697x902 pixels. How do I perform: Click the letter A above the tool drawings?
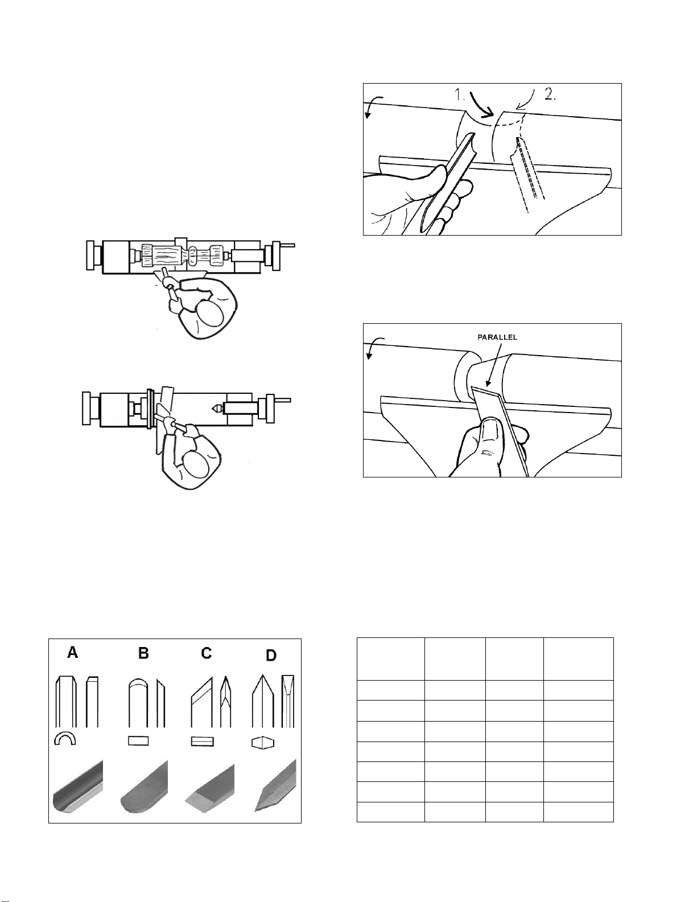tap(73, 653)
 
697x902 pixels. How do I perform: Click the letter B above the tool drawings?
tap(143, 653)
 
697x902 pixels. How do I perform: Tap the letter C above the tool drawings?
tap(206, 653)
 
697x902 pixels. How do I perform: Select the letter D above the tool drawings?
tap(271, 656)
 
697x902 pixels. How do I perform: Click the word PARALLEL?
tap(497, 337)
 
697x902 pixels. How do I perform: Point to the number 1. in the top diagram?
tap(459, 95)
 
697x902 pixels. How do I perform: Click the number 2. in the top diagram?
tap(550, 95)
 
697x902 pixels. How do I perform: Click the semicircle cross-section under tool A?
tap(65, 739)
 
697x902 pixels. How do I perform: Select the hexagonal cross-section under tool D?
tap(263, 743)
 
